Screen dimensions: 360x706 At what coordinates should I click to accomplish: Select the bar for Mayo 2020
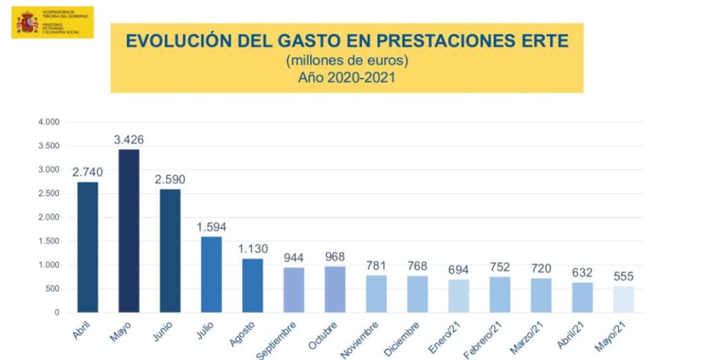coord(129,230)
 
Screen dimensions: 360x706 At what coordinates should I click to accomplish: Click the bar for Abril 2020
coord(88,247)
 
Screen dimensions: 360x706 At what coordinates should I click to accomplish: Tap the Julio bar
coord(212,274)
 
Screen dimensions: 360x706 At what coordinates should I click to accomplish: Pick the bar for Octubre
coord(335,289)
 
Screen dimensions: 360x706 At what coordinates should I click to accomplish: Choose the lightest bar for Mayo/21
coord(623,299)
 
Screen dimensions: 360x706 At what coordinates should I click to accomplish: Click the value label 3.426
coord(129,140)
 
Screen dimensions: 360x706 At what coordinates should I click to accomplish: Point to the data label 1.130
coord(252,249)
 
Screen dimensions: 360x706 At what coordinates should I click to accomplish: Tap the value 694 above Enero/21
coord(458,270)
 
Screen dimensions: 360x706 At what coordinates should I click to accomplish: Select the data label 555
coord(623,277)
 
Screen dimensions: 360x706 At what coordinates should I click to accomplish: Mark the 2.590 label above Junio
coord(170,180)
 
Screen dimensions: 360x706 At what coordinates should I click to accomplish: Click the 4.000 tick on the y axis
coord(48,122)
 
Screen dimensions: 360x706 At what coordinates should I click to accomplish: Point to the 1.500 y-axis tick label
coord(48,241)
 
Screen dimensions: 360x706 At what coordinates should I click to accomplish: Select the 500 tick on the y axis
coord(52,289)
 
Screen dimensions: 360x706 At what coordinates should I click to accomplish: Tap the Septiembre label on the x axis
coord(276,339)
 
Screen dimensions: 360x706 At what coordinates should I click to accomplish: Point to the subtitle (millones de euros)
coord(347,61)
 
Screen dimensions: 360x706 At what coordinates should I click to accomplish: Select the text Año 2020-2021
coord(347,77)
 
